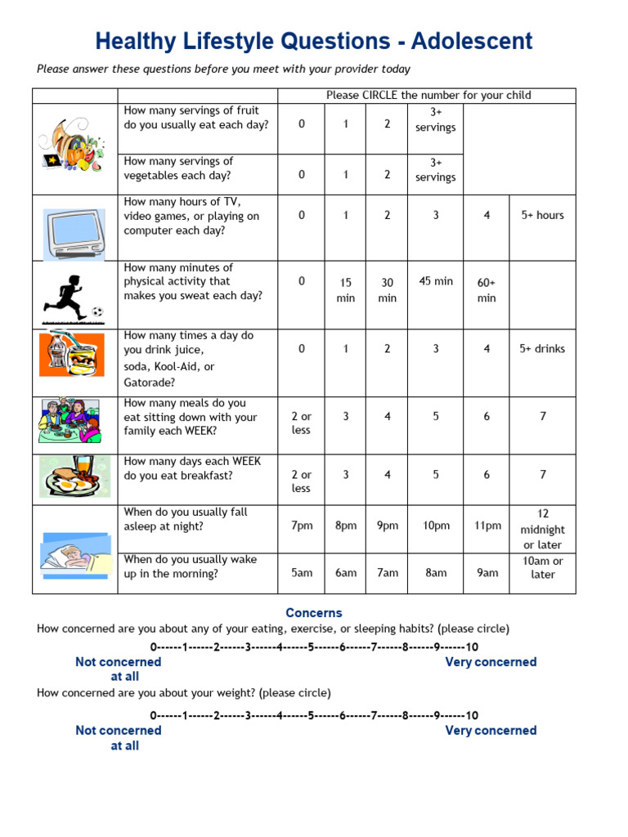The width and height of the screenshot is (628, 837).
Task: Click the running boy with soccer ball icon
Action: point(74,298)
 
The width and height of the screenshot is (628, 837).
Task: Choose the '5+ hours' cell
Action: point(542,215)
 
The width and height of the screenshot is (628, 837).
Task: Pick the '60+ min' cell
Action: point(487,290)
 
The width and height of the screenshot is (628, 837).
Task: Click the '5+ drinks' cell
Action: point(542,348)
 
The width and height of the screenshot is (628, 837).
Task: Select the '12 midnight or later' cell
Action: point(542,530)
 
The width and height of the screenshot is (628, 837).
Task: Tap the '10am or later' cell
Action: point(542,567)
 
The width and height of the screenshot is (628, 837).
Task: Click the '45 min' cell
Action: point(435,281)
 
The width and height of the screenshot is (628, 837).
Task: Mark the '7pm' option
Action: point(302,526)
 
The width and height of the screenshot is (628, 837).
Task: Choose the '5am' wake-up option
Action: point(302,573)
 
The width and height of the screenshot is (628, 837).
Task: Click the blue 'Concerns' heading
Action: point(314,612)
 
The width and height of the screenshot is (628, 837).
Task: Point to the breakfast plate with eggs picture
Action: point(74,477)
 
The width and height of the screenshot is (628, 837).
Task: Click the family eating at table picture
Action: point(70,420)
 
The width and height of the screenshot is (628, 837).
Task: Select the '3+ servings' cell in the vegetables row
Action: point(435,170)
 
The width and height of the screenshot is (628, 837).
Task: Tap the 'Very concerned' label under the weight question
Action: point(491,730)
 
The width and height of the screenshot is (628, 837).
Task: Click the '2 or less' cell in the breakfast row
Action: point(302,481)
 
